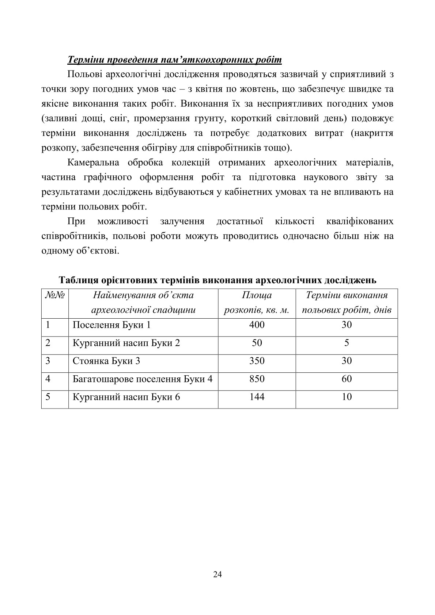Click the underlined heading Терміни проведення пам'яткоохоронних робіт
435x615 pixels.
click(174, 60)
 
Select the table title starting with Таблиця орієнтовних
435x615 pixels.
click(217, 280)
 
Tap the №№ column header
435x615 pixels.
click(55, 295)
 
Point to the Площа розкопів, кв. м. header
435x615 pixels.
click(257, 303)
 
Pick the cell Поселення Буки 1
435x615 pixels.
click(112, 325)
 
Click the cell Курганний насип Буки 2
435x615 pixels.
click(126, 343)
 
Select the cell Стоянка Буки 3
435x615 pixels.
click(106, 361)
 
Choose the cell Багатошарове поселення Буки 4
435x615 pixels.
click(143, 379)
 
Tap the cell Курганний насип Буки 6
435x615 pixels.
click(126, 397)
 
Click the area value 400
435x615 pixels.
click(257, 325)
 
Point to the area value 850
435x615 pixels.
click(257, 379)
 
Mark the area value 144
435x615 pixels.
click(257, 397)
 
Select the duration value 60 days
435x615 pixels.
click(347, 379)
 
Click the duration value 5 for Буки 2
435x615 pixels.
click(347, 343)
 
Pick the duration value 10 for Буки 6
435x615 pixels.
click(347, 397)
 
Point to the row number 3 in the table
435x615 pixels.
click(48, 361)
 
